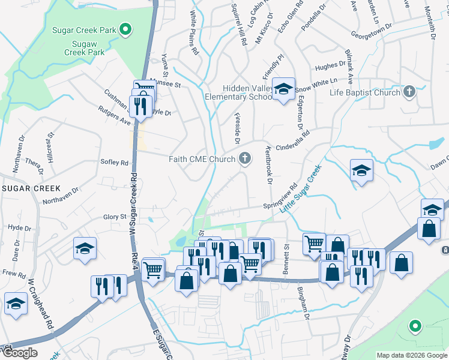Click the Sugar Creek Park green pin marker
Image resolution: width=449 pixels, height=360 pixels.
click(125, 29)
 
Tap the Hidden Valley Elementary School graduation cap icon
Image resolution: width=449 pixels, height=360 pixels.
click(284, 89)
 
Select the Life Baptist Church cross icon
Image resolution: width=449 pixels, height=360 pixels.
click(409, 92)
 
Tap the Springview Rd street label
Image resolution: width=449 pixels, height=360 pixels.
click(280, 196)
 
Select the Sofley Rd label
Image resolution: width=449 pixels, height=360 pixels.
click(115, 163)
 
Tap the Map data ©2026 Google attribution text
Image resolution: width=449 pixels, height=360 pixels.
click(412, 355)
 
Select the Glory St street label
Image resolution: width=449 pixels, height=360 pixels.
click(115, 217)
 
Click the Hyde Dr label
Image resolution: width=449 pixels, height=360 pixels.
click(20, 228)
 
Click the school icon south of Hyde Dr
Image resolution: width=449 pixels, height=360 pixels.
click(85, 248)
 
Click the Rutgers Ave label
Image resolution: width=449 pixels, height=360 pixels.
click(114, 116)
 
